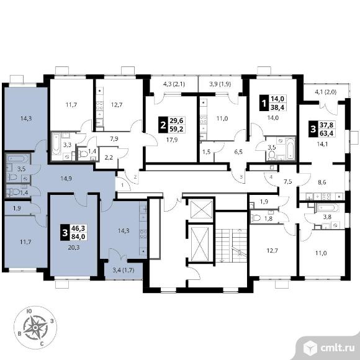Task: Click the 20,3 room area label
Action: (x=72, y=247)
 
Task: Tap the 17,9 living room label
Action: (x=172, y=140)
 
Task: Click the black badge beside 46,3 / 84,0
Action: (x=65, y=233)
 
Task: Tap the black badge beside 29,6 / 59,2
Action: (x=163, y=125)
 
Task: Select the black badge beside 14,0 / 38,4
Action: (x=264, y=103)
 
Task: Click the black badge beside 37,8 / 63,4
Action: (x=313, y=129)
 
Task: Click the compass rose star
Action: (x=35, y=327)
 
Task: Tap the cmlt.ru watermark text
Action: (x=337, y=348)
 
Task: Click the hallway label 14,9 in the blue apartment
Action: (x=66, y=178)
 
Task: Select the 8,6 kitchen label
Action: (x=322, y=182)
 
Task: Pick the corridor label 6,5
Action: (x=238, y=152)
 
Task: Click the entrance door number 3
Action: (x=241, y=177)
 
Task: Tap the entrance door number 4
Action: (x=271, y=177)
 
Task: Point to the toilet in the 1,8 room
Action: (x=256, y=217)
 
